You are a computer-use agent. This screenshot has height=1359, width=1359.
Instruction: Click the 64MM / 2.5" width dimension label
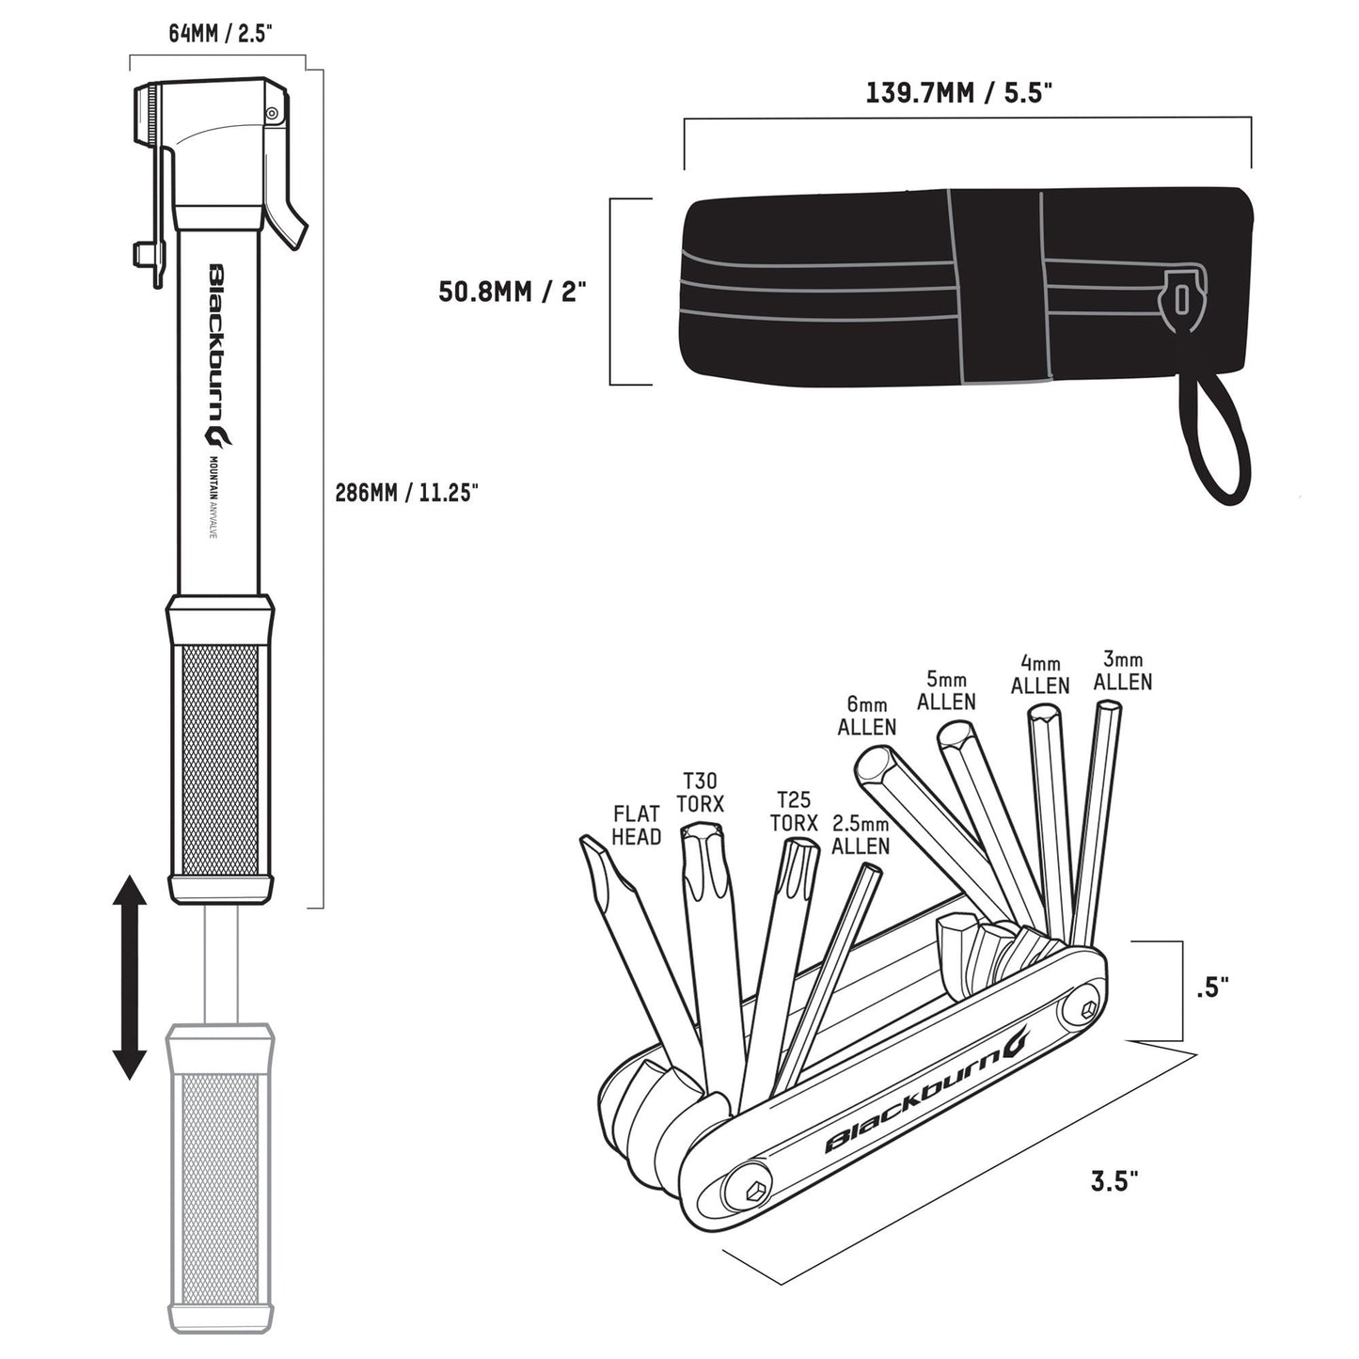pyautogui.click(x=220, y=34)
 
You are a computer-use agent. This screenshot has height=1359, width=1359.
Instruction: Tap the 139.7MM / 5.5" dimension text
pyautogui.click(x=957, y=93)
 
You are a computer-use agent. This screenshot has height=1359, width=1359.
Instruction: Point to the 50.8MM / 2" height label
pyautogui.click(x=512, y=291)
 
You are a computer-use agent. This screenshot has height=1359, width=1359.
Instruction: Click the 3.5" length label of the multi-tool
pyautogui.click(x=1114, y=1181)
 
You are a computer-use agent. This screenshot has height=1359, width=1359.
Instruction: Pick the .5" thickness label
pyautogui.click(x=1212, y=988)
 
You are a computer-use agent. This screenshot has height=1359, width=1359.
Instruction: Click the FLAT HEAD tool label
pyautogui.click(x=637, y=825)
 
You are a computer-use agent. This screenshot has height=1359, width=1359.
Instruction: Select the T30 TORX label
pyautogui.click(x=700, y=792)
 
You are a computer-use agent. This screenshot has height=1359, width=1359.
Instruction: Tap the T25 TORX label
pyautogui.click(x=794, y=811)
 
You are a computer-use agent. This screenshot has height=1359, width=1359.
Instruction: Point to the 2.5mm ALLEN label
pyautogui.click(x=860, y=835)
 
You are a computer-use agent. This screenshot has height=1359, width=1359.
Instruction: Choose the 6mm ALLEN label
pyautogui.click(x=866, y=716)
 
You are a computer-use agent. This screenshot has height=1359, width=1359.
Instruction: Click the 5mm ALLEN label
pyautogui.click(x=946, y=691)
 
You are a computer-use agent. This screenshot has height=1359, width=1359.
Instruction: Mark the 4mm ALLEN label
pyautogui.click(x=1040, y=675)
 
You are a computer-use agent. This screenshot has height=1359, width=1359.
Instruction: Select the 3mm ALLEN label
pyautogui.click(x=1123, y=671)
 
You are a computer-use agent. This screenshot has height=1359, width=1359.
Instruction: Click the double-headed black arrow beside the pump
pyautogui.click(x=129, y=977)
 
